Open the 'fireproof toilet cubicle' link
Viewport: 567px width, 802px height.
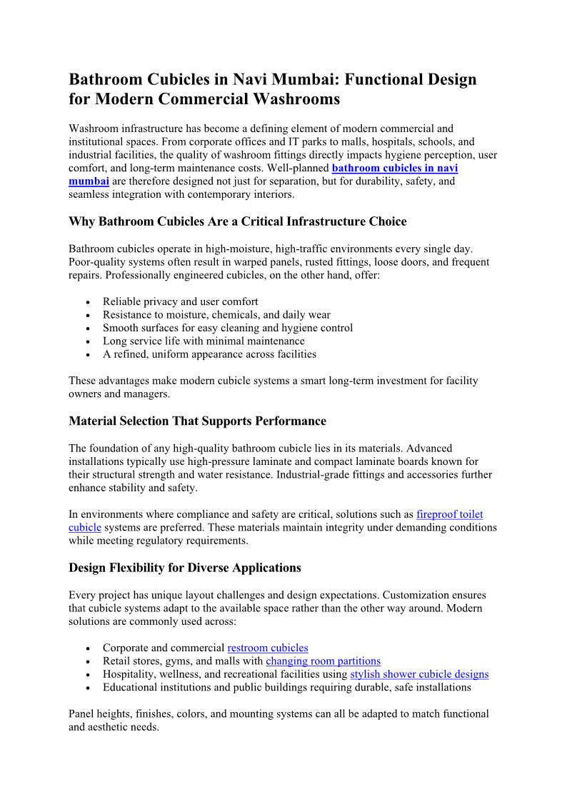[449, 514]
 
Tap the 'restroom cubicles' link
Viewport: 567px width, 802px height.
[268, 648]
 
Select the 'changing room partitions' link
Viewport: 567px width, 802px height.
[323, 661]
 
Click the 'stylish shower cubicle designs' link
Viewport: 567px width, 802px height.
[419, 674]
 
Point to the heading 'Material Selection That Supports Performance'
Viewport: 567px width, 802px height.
[197, 421]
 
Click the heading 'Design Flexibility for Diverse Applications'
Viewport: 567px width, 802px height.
[185, 568]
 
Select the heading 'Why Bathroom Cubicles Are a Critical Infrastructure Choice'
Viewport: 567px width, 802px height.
[237, 222]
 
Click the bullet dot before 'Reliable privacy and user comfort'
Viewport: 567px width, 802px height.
[87, 302]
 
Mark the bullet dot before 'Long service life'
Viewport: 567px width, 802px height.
[87, 341]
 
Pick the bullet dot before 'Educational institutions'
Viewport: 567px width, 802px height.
[87, 688]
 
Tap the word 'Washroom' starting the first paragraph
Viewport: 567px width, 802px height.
[92, 129]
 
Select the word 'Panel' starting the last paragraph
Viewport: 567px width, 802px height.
[82, 714]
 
